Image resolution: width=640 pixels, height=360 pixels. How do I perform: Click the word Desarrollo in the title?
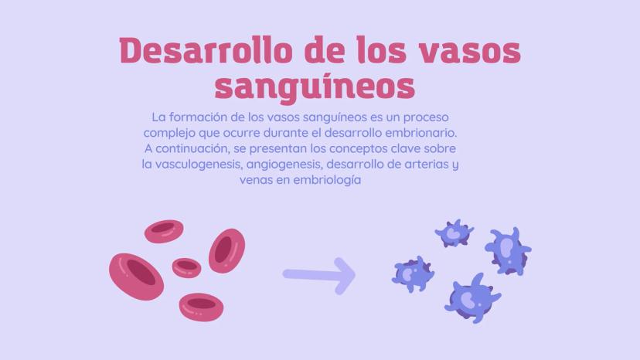(206, 51)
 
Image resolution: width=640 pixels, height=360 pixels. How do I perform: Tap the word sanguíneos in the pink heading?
(315, 87)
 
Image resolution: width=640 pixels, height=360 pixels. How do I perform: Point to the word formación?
(198, 117)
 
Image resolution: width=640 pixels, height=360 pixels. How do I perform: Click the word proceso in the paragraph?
(426, 117)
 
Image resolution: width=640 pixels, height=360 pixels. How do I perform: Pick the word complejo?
(169, 133)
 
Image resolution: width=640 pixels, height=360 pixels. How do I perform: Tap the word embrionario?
(421, 133)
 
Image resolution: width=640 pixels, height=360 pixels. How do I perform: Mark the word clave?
(406, 148)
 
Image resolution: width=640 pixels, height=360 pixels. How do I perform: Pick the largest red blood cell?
(136, 277)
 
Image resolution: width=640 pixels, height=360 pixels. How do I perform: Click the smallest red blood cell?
(186, 268)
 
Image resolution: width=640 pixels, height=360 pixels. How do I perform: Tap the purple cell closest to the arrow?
(413, 273)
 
